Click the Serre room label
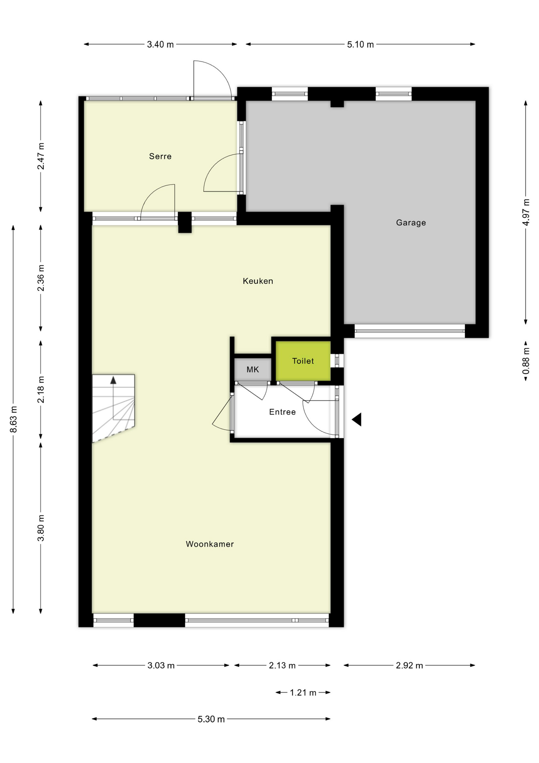[x=160, y=156]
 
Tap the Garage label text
[x=411, y=223]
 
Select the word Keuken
[x=258, y=281]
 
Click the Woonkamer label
[x=210, y=544]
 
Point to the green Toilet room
[x=303, y=361]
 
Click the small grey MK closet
[x=252, y=370]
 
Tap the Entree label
[x=282, y=412]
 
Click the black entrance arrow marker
[x=357, y=420]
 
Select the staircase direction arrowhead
[x=113, y=380]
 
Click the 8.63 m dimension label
[x=13, y=419]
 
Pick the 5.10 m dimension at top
[x=360, y=45]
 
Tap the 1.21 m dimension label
[x=303, y=693]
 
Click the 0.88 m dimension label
[x=526, y=361]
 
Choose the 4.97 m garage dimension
[x=526, y=212]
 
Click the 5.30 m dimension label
[x=211, y=719]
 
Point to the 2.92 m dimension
[x=409, y=665]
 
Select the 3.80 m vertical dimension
[x=41, y=528]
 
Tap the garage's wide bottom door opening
[x=409, y=331]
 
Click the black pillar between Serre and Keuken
[x=185, y=222]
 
